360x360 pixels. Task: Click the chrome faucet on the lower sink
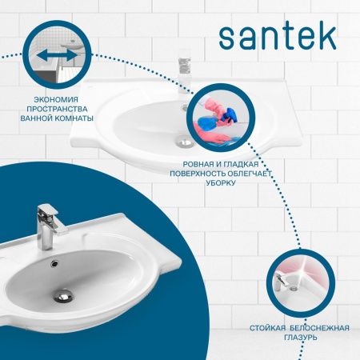click(46, 228)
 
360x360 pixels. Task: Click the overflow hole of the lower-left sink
click(55, 262)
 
